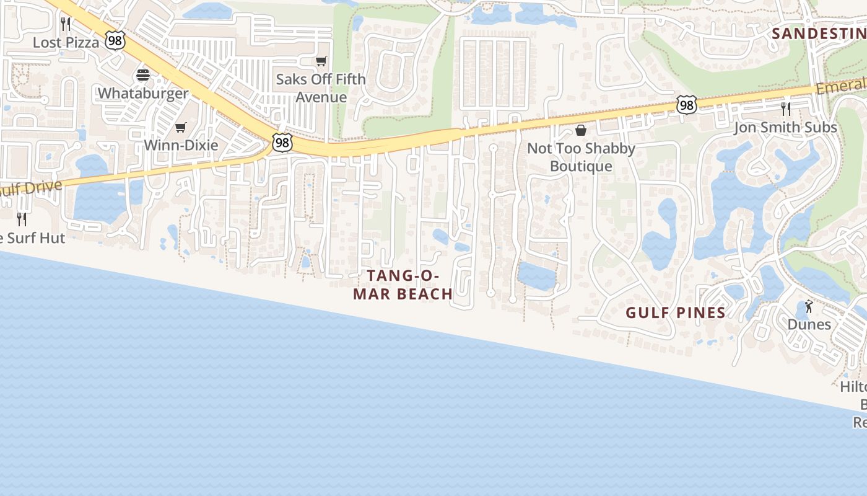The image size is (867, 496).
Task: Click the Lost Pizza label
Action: tap(66, 42)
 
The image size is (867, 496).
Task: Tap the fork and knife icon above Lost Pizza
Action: tap(66, 24)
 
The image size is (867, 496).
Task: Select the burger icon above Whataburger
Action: tap(143, 76)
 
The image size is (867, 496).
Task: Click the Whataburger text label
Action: tap(143, 94)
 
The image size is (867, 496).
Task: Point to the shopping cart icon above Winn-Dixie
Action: tap(180, 127)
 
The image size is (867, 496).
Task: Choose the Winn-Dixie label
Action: tap(181, 145)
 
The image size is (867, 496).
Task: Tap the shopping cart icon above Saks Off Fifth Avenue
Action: tap(321, 61)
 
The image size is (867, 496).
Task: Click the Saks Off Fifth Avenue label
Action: tap(321, 88)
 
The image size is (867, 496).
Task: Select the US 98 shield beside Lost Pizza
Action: tap(115, 40)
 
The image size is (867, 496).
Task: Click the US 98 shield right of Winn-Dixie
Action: tap(282, 143)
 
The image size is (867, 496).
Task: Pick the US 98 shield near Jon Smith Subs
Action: tap(686, 105)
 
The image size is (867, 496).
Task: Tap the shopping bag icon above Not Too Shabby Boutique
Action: tap(581, 130)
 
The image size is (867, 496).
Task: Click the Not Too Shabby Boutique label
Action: tap(581, 157)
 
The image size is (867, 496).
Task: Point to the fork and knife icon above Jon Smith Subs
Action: tap(785, 109)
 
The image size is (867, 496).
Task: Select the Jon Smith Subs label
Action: tap(785, 127)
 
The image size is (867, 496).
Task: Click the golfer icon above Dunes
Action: tap(809, 306)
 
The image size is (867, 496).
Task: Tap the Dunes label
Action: tap(809, 324)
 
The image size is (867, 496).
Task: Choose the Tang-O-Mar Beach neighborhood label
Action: tap(403, 285)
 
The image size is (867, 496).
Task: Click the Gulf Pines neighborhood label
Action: tap(676, 312)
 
